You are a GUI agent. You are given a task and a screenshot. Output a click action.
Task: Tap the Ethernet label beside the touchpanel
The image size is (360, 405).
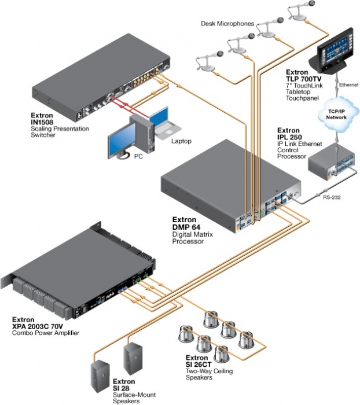pos(348,84)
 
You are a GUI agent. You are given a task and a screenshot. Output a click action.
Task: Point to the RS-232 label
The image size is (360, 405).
pos(332,197)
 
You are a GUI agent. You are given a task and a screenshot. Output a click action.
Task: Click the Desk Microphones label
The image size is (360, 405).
pos(227,24)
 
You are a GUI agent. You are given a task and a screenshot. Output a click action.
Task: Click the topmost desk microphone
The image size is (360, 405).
pos(300,11)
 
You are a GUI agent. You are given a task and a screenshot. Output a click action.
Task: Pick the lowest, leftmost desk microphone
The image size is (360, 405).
pos(208,61)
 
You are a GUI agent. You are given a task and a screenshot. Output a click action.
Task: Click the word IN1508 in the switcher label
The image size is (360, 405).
pos(42,122)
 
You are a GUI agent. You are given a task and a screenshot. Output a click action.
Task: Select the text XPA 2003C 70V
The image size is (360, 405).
pos(38,326)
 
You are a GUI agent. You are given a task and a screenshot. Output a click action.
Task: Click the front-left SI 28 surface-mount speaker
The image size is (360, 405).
pos(100,377)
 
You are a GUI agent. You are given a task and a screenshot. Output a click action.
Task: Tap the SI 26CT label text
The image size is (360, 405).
pos(199,365)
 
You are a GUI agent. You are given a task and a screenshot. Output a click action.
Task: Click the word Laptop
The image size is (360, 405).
pos(181,141)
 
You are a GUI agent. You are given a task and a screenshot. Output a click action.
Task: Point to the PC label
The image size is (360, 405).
pos(138,157)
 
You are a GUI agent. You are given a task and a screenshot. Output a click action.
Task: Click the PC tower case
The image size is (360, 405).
pos(142,133)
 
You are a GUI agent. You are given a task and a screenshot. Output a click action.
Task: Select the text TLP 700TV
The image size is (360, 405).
pos(303,79)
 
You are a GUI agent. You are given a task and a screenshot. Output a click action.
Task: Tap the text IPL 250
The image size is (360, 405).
pos(289,137)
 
